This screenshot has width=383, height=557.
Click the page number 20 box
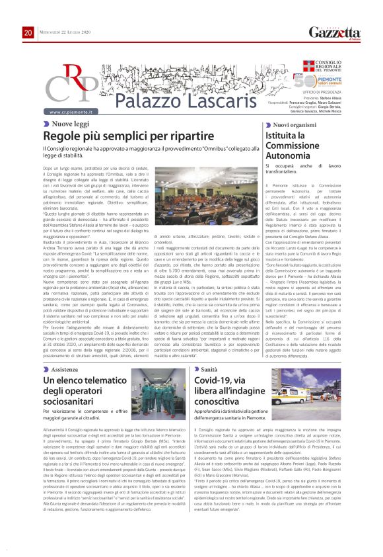28,33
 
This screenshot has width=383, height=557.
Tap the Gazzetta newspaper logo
335,32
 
